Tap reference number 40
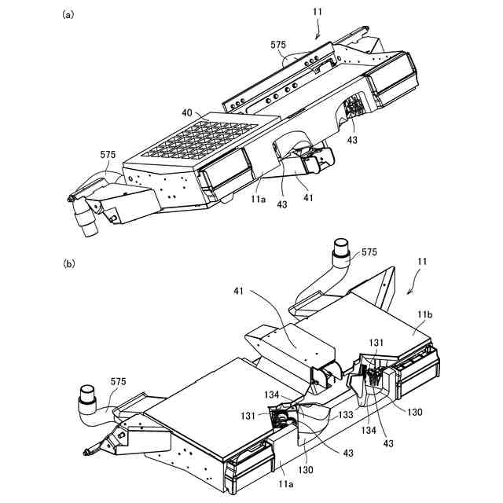click(187, 113)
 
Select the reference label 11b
click(424, 314)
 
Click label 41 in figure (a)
click(308, 197)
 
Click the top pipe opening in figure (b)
click(341, 248)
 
